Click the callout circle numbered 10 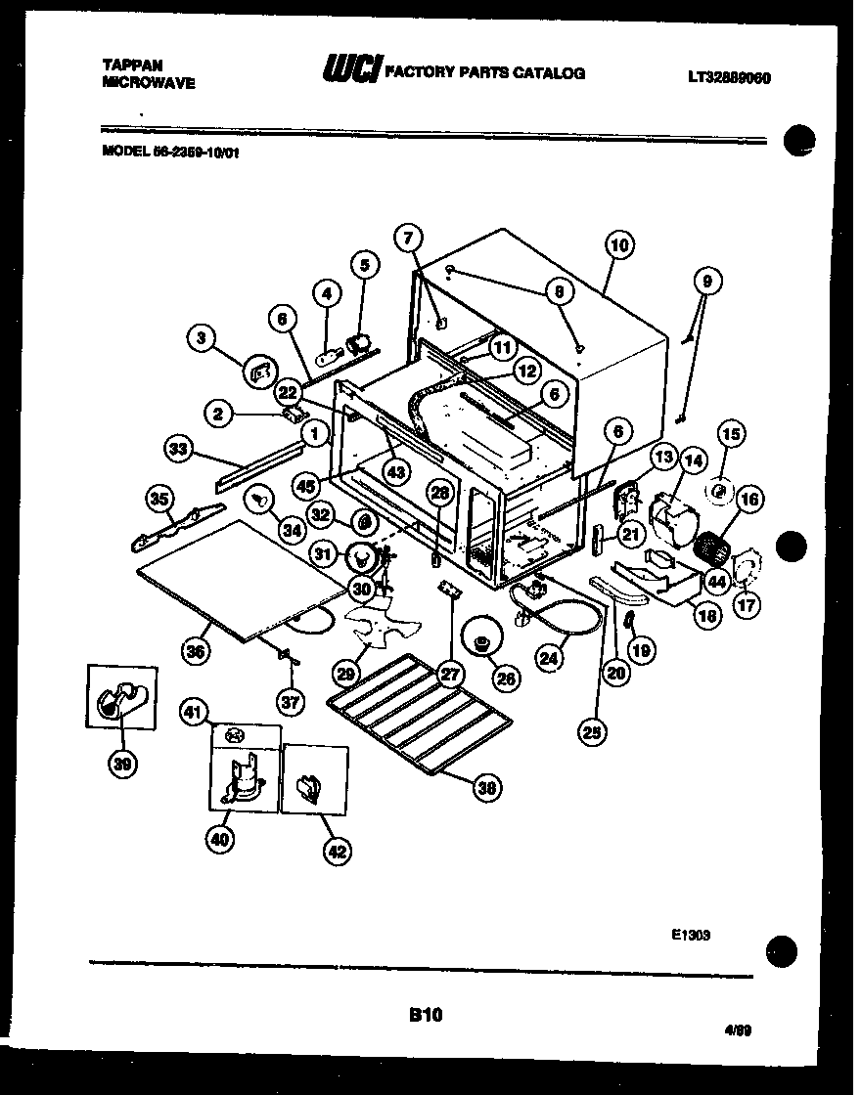click(x=619, y=246)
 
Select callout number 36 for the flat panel click(x=196, y=653)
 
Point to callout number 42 click(x=336, y=852)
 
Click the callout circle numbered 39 click(x=122, y=765)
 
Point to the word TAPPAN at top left click(x=129, y=65)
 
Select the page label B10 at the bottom click(x=427, y=1016)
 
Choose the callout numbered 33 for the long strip click(x=177, y=450)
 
